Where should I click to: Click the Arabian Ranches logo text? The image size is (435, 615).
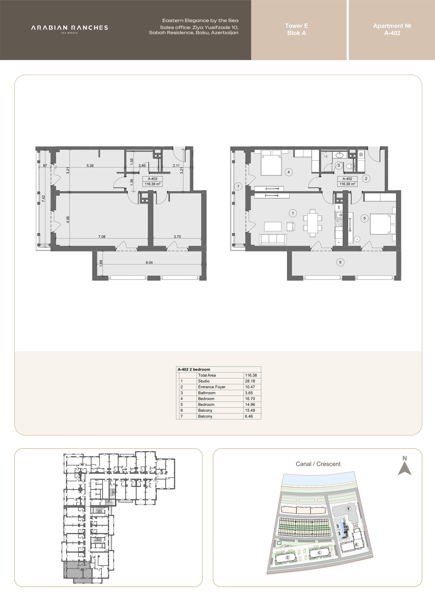point(70,28)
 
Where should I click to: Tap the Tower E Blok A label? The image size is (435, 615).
point(297,29)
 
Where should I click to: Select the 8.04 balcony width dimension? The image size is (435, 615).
point(149,263)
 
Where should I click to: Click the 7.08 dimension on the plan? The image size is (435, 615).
point(102,236)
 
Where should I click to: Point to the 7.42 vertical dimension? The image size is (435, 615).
point(43,198)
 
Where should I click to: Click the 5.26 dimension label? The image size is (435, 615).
point(90,166)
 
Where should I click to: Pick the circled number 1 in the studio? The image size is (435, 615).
point(293,213)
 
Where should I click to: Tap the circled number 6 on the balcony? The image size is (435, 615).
point(340,262)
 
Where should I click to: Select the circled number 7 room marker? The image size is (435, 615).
point(238,186)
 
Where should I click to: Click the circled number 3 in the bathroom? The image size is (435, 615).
point(338,165)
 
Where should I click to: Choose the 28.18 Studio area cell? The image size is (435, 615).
point(250,381)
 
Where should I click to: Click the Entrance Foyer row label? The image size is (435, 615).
point(212,387)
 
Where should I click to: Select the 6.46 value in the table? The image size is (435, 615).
point(249,416)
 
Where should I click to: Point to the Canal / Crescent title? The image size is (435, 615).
point(318,464)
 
